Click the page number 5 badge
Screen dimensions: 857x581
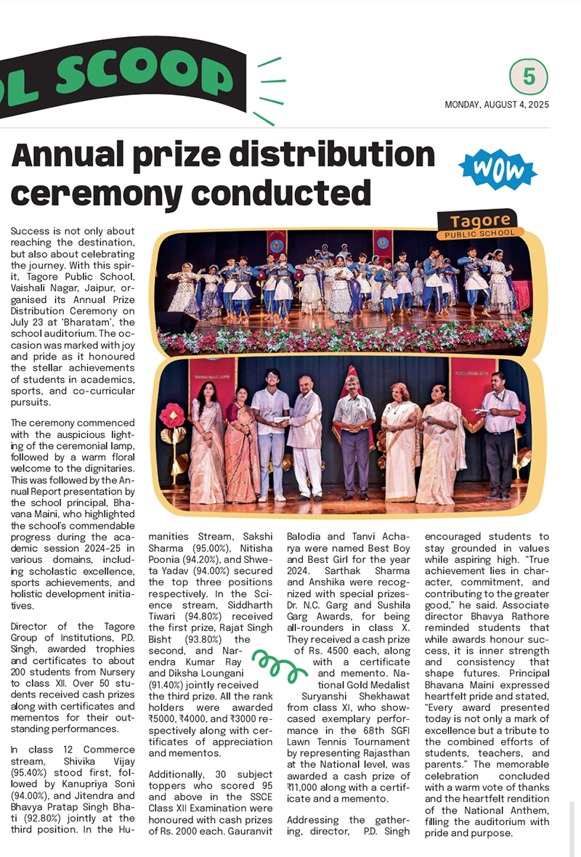(528, 77)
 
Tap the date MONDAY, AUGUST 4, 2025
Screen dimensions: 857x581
(497, 105)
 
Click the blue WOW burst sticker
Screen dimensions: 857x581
(497, 169)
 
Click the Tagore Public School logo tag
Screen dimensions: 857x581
(479, 224)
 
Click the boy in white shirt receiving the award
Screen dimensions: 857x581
(269, 436)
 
